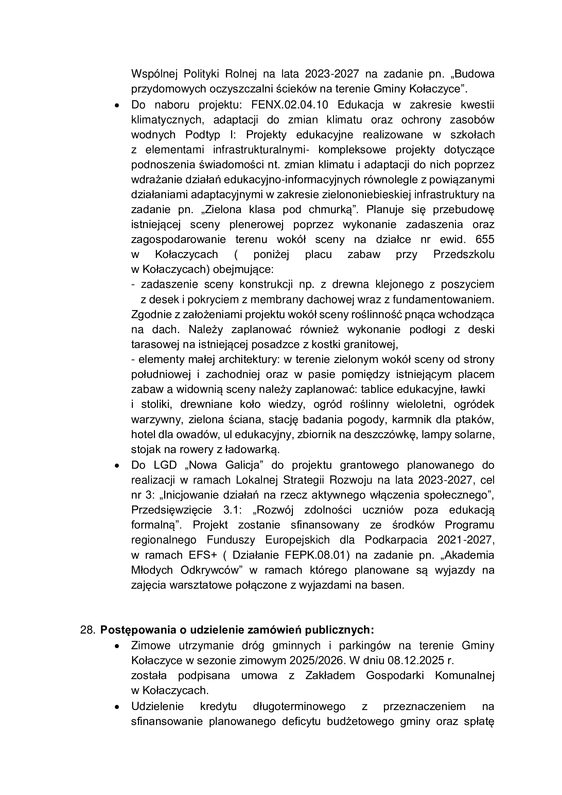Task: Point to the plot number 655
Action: click(x=485, y=239)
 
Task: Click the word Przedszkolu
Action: click(x=463, y=255)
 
